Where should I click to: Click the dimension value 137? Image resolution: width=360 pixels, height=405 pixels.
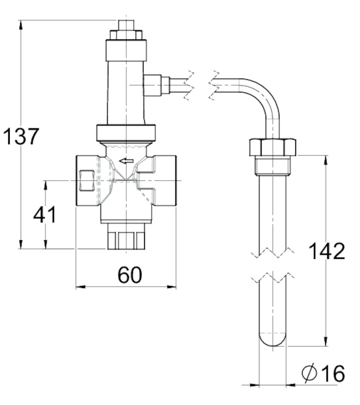21,136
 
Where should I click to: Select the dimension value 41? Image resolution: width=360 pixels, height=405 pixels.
45,215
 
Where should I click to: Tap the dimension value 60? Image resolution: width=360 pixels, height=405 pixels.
130,275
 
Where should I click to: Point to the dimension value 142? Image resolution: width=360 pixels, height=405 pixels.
327,252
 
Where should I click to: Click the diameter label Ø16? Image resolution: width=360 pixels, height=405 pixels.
324,373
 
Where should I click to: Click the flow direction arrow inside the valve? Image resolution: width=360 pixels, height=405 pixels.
126,161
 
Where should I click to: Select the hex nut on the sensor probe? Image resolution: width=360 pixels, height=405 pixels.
272,147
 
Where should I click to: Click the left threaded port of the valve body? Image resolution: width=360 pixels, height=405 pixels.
86,181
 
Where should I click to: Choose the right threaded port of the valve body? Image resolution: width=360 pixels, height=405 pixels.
165,181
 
